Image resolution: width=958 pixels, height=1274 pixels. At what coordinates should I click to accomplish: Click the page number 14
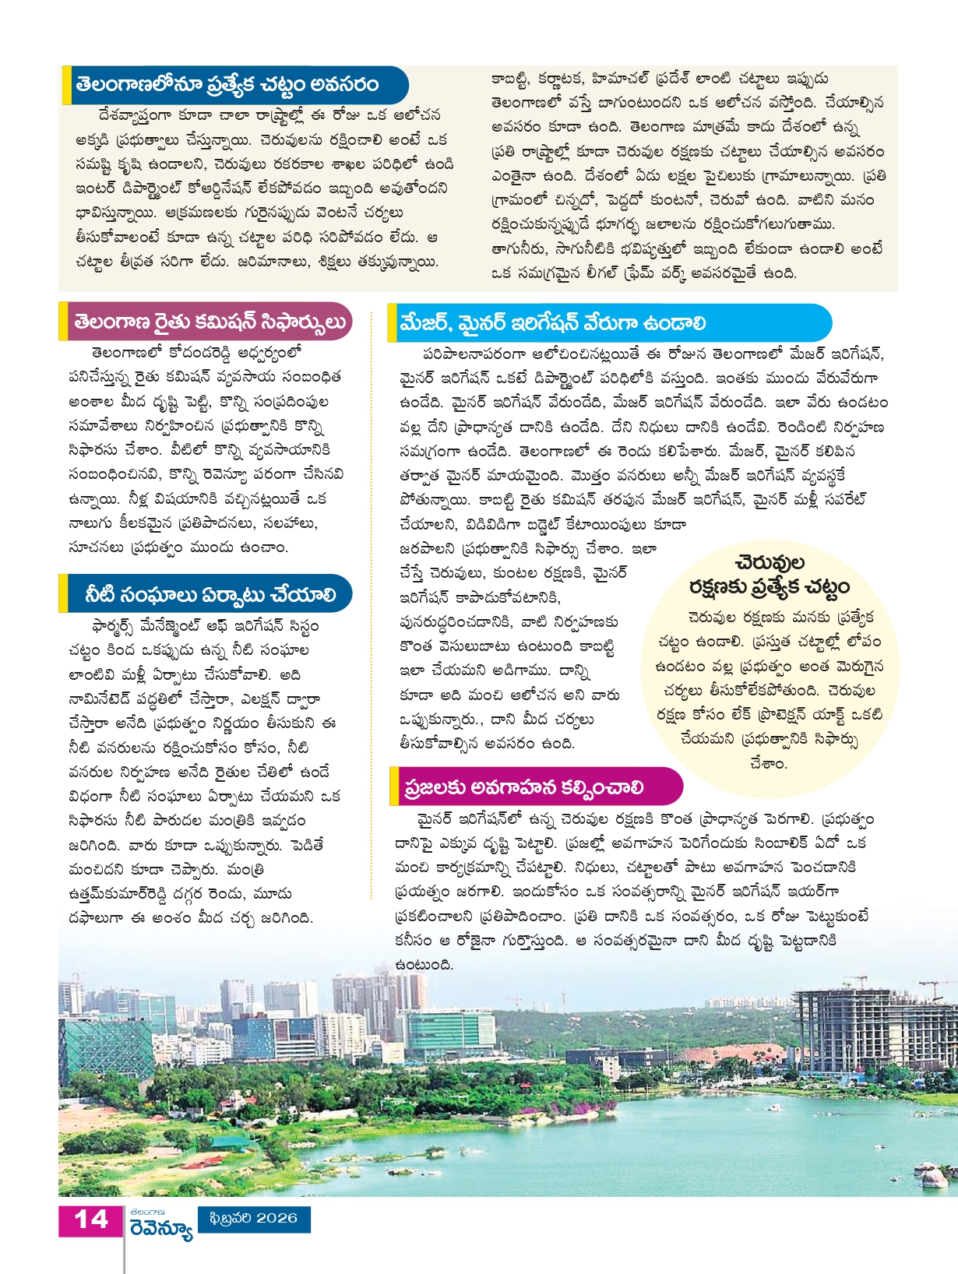coord(90,1219)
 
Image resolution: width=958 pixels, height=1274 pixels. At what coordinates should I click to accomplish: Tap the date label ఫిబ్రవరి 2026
coord(255,1218)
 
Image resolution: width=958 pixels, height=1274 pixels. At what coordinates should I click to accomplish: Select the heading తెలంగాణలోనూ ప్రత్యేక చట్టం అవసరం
coord(227,85)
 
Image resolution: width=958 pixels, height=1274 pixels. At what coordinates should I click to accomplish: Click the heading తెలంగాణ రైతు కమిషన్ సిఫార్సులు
coord(210,322)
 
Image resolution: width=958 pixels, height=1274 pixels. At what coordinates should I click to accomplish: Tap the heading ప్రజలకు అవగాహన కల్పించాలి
coord(523,787)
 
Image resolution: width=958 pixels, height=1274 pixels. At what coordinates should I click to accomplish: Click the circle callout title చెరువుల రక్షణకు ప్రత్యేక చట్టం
coord(769,575)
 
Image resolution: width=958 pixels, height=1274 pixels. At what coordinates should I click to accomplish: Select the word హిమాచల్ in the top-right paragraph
coord(621,79)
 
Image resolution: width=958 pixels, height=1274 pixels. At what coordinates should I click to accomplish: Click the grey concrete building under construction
coord(865,1028)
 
